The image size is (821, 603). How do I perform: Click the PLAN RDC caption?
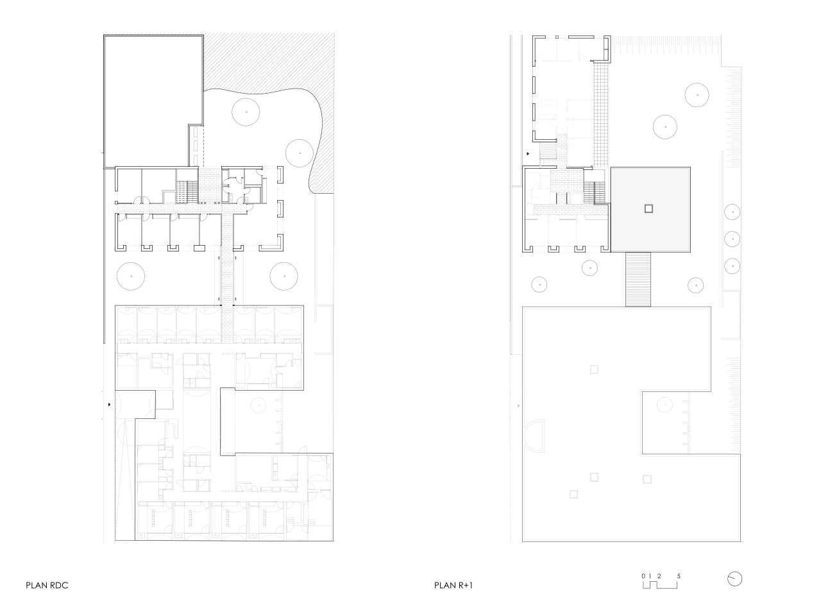pos(47,585)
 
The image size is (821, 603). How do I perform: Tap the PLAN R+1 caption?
pos(453,585)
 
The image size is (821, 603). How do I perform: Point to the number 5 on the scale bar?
pos(679,576)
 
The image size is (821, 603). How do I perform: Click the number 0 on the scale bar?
pos(643,576)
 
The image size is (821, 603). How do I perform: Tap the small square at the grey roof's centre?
pos(648,209)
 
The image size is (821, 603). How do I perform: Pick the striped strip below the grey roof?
pos(638,279)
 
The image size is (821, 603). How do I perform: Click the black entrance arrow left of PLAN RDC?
pos(109,405)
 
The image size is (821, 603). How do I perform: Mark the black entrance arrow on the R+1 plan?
pos(528,154)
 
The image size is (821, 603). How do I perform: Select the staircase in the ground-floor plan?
pos(187,192)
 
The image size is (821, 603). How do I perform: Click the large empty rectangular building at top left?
pos(153,101)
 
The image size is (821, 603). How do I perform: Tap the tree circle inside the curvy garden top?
pos(246,112)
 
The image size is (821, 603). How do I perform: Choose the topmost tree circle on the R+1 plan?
pos(697,95)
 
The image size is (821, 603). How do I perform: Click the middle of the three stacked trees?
pos(732,239)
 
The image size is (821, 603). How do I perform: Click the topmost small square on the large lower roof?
pos(594,369)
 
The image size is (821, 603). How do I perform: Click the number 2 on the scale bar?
pos(659,576)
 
